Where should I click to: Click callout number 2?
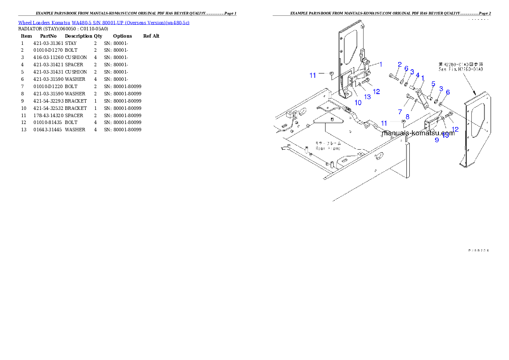coord(400,65)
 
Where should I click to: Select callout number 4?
coord(417,75)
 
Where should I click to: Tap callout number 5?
coord(433,83)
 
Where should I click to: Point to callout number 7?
coord(400,112)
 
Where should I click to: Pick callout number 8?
coord(407,116)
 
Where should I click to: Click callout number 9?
coord(437,140)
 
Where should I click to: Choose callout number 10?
coord(358,103)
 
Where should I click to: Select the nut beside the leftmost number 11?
coord(331,74)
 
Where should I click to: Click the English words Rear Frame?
coord(328,148)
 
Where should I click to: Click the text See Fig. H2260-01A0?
coord(461,69)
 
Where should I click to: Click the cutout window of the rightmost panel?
coord(477,122)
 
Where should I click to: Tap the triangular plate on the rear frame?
coord(328,121)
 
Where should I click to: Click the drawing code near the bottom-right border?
coord(479,250)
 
